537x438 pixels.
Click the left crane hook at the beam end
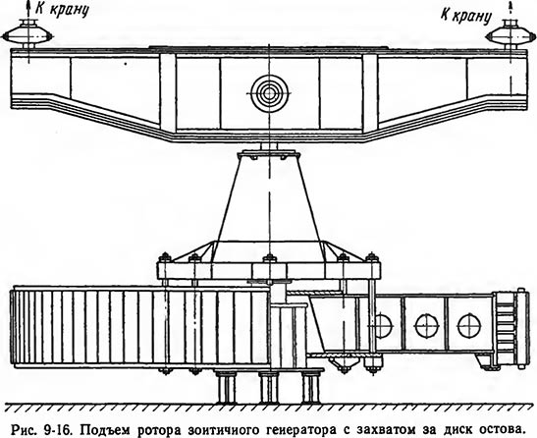(x=28, y=33)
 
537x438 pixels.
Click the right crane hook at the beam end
(x=510, y=33)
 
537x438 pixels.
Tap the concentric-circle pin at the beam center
(x=269, y=93)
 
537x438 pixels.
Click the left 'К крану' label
(x=62, y=9)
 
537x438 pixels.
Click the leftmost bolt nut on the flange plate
(x=165, y=257)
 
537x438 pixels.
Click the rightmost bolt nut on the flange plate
(x=372, y=257)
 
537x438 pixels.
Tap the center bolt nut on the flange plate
(x=270, y=258)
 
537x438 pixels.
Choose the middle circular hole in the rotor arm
(x=427, y=325)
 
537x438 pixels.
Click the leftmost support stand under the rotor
(x=226, y=387)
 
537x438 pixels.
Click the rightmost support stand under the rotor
(x=312, y=387)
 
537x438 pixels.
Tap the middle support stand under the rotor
(x=269, y=387)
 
